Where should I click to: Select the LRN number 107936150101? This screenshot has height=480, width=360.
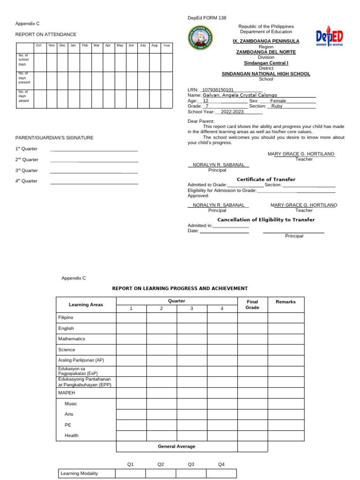click(217, 90)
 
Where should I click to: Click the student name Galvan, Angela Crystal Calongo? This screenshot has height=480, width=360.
click(240, 95)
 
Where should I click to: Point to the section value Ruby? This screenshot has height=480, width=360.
click(277, 106)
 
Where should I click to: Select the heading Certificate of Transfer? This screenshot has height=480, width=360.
click(266, 180)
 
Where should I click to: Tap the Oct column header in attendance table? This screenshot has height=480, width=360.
click(39, 45)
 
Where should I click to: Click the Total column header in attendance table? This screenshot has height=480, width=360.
click(166, 45)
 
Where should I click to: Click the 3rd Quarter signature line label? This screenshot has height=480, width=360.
click(27, 171)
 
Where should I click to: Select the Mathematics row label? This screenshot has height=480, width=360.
click(72, 338)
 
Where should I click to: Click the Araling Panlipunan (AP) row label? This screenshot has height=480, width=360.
click(81, 360)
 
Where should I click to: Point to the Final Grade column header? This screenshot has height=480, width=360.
click(252, 305)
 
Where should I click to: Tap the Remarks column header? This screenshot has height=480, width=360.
click(285, 302)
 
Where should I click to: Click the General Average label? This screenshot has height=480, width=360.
click(176, 446)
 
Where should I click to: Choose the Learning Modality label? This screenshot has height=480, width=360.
click(79, 473)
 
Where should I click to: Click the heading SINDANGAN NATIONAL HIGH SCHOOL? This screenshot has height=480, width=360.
click(266, 74)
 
